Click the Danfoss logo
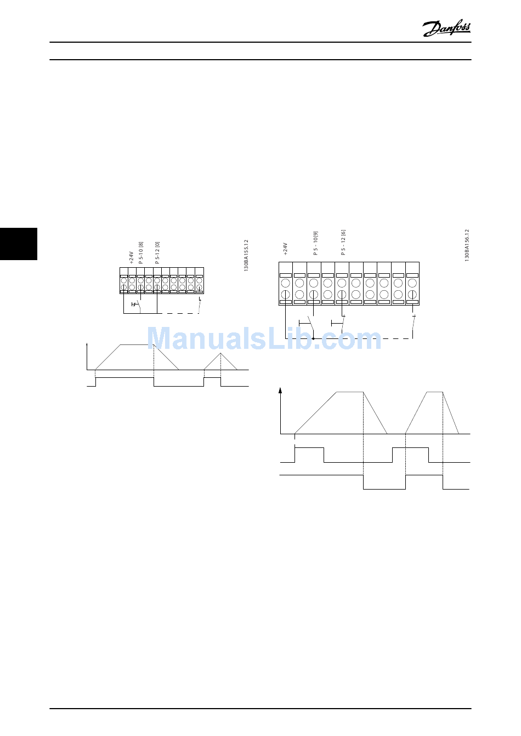446,28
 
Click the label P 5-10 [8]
141,253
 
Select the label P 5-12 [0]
157,253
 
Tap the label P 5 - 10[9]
315,243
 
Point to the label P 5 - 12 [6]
343,243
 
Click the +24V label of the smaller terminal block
132,257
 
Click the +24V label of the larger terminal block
286,249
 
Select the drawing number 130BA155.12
246,255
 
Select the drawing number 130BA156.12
467,245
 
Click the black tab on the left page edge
19,244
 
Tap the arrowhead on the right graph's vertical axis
281,390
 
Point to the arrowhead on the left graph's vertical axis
88,345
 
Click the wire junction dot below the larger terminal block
313,338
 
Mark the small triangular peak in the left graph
220,354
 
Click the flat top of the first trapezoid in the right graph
350,392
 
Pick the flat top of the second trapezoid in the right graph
435,392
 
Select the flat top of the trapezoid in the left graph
137,345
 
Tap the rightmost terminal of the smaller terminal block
199,280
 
